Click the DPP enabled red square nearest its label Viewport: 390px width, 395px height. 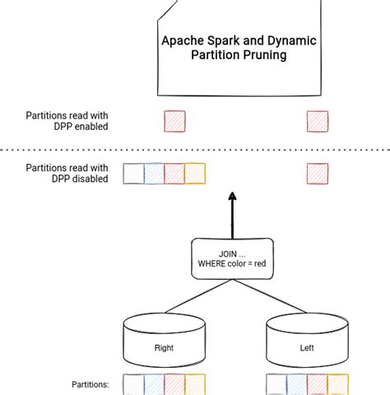pos(174,122)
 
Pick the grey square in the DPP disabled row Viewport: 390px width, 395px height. pos(133,174)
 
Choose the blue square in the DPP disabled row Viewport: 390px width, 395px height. pos(154,174)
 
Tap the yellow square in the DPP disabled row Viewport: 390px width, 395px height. pos(194,174)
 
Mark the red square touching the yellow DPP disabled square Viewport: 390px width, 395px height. pos(174,174)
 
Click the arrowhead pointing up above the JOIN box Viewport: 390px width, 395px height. pos(232,197)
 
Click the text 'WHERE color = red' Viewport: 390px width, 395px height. pos(232,264)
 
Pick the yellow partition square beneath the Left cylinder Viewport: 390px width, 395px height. pos(338,386)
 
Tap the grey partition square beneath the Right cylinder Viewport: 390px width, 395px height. pos(133,386)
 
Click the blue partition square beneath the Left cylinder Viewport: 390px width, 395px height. pos(297,386)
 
